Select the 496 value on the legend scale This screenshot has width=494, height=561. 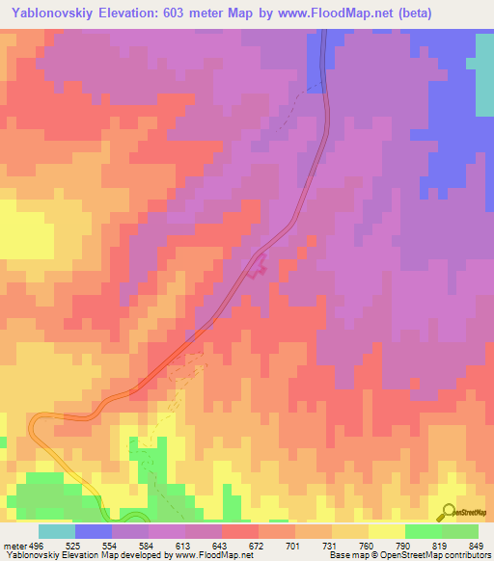(x=36, y=546)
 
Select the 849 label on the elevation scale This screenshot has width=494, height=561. (x=478, y=546)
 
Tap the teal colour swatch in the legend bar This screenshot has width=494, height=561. (x=57, y=531)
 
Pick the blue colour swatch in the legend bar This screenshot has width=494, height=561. (x=94, y=531)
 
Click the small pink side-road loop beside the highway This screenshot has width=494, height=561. (x=258, y=265)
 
